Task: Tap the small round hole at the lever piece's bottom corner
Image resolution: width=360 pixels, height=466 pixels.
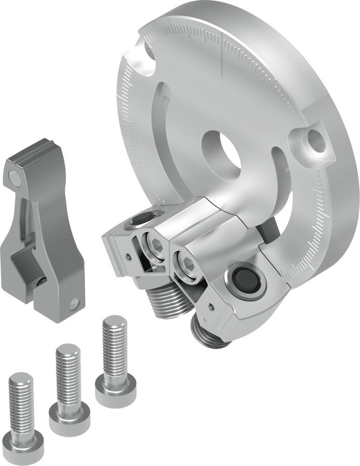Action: click(74, 306)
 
